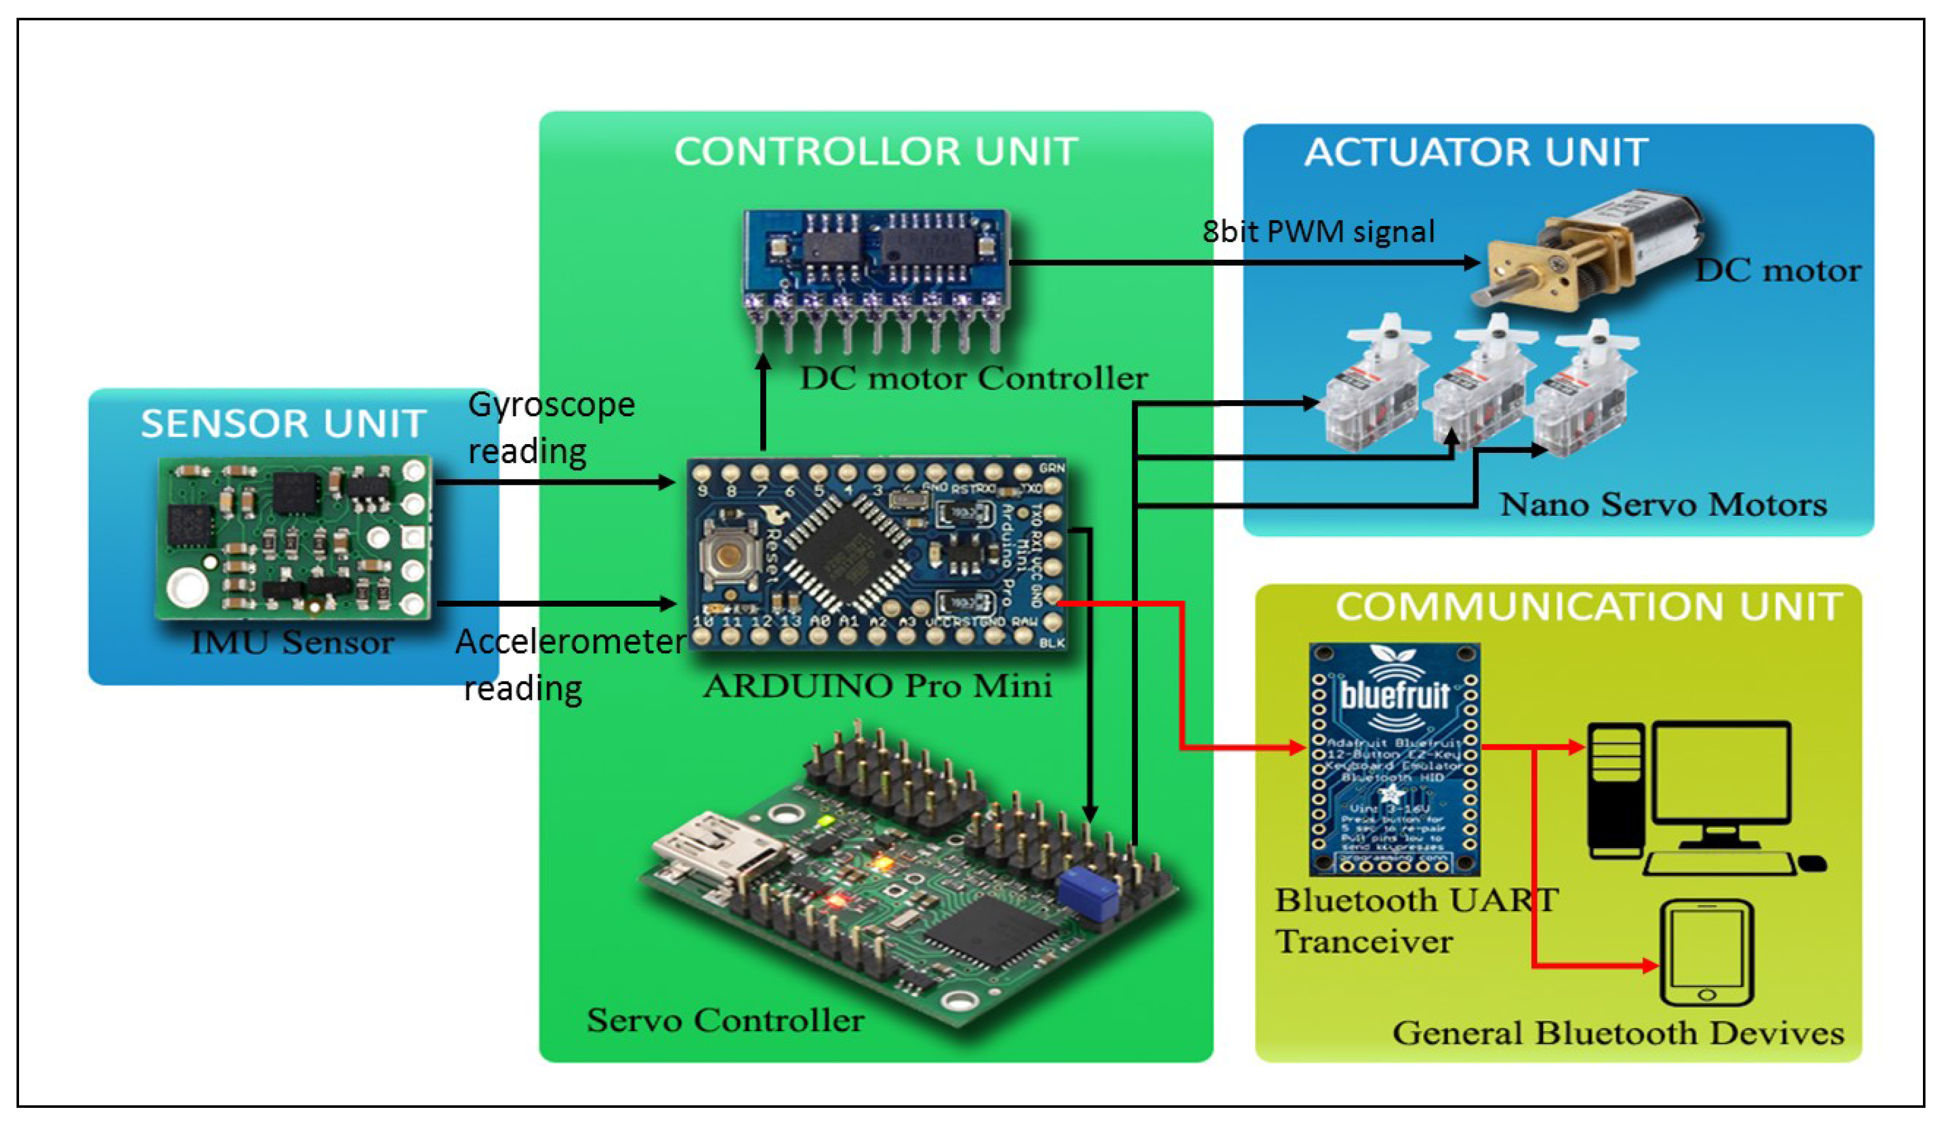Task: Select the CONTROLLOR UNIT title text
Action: (x=876, y=151)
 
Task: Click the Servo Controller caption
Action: (x=725, y=1020)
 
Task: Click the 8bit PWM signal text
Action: (x=1318, y=231)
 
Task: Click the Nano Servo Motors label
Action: (x=1663, y=504)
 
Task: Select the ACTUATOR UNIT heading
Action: (x=1476, y=152)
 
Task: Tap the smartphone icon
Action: (x=1706, y=953)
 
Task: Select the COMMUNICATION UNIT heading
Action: (x=1588, y=607)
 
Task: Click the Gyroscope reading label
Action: (x=551, y=427)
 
